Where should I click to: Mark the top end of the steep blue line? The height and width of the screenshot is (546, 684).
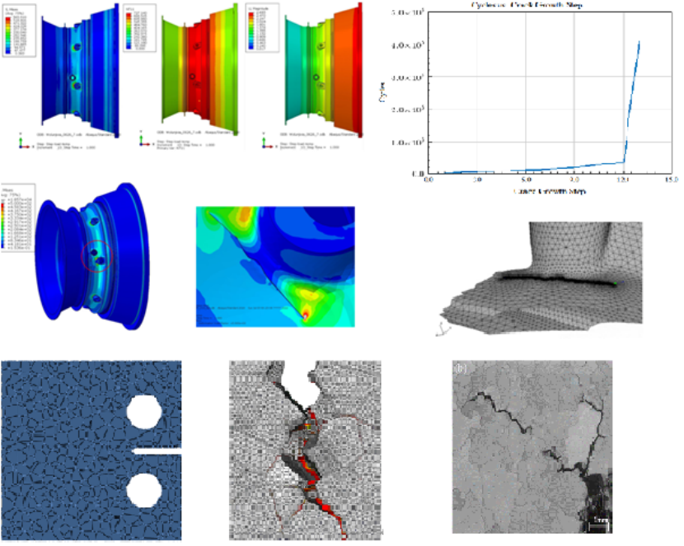tap(639, 41)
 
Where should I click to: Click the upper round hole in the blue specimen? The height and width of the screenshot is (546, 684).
tap(146, 411)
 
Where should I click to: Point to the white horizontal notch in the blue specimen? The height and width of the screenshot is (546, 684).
tap(162, 451)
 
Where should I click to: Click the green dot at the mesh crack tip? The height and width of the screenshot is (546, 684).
tap(615, 285)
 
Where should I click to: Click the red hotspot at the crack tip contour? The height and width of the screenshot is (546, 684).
tap(307, 314)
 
